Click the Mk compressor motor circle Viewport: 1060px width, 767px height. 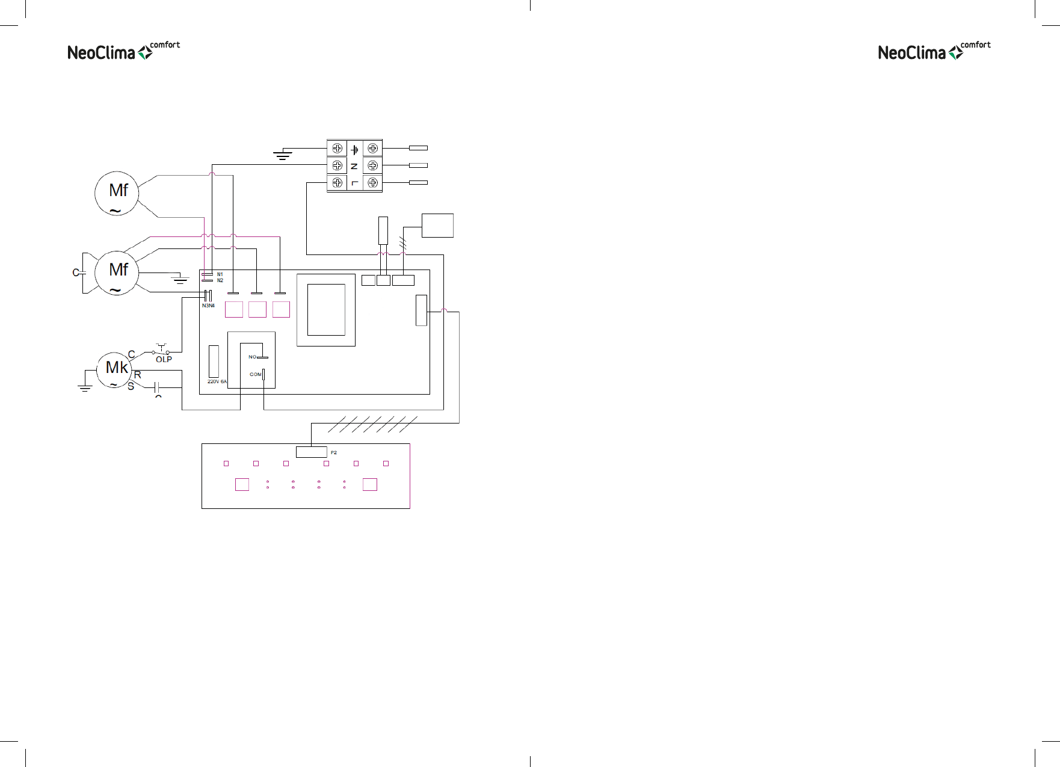point(114,369)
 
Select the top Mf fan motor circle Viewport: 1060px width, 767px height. point(117,193)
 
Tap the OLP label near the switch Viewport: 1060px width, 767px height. point(164,359)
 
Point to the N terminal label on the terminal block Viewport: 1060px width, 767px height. point(354,165)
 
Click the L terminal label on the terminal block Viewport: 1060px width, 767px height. point(354,182)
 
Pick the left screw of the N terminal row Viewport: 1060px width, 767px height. point(337,165)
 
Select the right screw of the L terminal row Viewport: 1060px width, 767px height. point(373,182)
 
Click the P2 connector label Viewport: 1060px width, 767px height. point(334,452)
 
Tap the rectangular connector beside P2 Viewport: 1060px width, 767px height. point(311,452)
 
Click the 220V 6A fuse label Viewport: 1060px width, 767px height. point(217,381)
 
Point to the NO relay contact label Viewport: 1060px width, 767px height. point(252,357)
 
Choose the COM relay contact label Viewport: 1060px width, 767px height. point(255,374)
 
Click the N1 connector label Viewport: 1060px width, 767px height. point(220,274)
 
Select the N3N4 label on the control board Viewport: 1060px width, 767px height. point(208,306)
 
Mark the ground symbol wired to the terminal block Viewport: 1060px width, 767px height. point(282,155)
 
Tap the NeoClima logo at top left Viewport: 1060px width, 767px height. point(123,52)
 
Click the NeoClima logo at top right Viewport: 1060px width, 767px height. point(934,52)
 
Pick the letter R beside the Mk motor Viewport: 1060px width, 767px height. point(138,375)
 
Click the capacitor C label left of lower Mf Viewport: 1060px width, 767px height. point(76,273)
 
